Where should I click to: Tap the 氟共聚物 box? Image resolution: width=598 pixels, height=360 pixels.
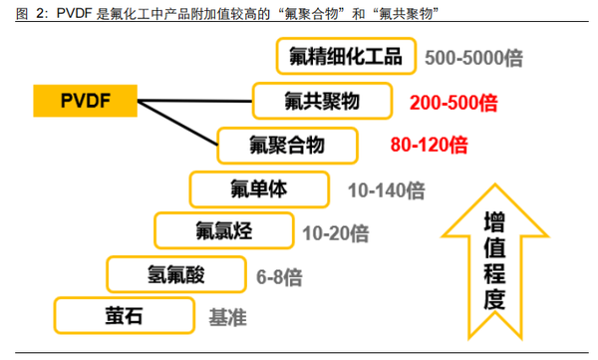pyautogui.click(x=319, y=101)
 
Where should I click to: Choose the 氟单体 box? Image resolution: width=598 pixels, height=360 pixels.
pyautogui.click(x=258, y=187)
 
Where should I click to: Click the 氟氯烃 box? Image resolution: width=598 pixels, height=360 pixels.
pyautogui.click(x=224, y=232)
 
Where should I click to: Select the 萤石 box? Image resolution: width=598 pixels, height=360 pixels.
pyautogui.click(x=124, y=317)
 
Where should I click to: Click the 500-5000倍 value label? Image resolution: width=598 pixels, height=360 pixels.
pyautogui.click(x=473, y=58)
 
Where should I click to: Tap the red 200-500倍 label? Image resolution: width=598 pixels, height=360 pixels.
pyautogui.click(x=453, y=102)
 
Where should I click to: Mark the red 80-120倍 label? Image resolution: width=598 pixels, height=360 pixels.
pyautogui.click(x=429, y=145)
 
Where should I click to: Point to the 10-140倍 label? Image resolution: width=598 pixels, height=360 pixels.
pyautogui.click(x=386, y=188)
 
